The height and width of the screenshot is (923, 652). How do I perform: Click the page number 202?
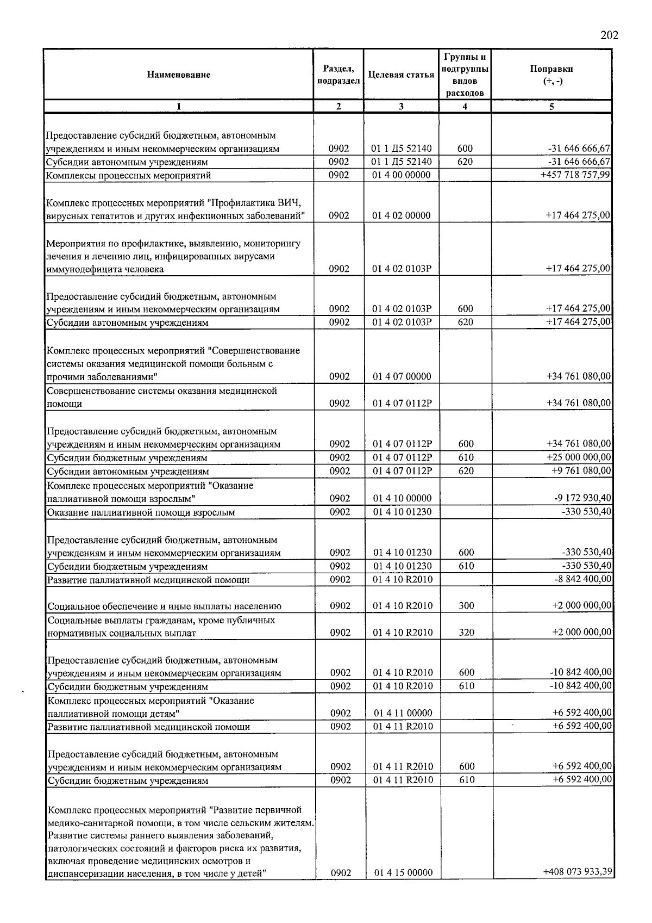click(x=609, y=35)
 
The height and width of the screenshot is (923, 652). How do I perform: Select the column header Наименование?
click(x=178, y=75)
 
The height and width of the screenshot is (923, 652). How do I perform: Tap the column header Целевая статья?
click(x=401, y=75)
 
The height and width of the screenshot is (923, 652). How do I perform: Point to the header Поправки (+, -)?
click(x=551, y=75)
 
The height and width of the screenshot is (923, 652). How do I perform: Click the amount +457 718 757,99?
click(x=575, y=175)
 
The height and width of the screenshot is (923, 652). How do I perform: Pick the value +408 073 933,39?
click(x=578, y=872)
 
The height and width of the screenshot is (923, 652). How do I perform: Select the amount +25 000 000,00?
click(x=578, y=457)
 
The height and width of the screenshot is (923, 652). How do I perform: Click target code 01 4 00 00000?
click(x=401, y=175)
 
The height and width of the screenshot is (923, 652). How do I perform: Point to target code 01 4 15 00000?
click(x=403, y=872)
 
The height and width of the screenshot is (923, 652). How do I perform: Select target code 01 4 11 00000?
click(x=403, y=713)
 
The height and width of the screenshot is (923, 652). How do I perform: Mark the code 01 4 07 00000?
click(x=402, y=376)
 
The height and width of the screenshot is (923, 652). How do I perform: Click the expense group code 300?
click(x=466, y=606)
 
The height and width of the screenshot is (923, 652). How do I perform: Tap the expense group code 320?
click(x=466, y=633)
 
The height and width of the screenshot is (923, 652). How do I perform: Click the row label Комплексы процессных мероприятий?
click(x=128, y=176)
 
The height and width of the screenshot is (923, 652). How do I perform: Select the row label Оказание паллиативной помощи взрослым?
click(x=141, y=512)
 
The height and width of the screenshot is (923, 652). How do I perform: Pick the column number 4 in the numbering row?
click(x=465, y=107)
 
